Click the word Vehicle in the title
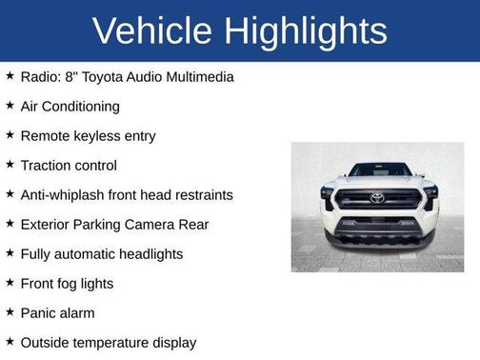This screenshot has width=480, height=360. pyautogui.click(x=150, y=31)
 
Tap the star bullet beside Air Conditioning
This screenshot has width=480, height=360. pyautogui.click(x=10, y=105)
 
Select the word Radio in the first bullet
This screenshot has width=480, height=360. pyautogui.click(x=40, y=76)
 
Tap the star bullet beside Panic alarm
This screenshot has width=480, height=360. pyautogui.click(x=10, y=311)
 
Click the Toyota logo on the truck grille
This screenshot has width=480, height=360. pyautogui.click(x=377, y=198)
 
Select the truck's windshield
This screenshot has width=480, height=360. pyautogui.click(x=378, y=170)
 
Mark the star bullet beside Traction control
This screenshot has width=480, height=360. pyautogui.click(x=10, y=164)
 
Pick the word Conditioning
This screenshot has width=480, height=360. pyautogui.click(x=84, y=106)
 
